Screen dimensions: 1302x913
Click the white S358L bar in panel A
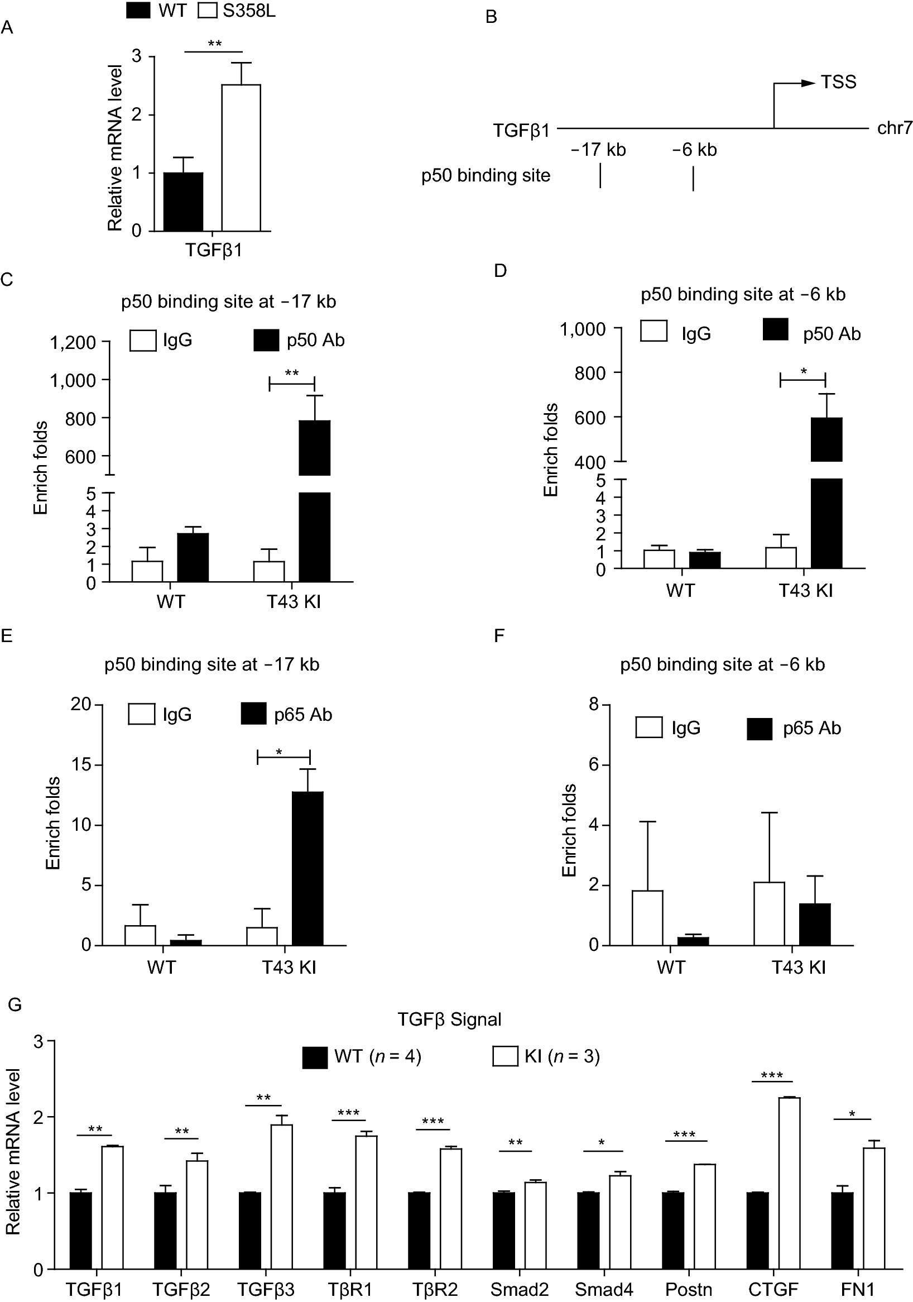tap(241, 157)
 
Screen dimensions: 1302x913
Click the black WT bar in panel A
tap(183, 202)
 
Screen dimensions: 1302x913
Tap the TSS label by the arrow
tap(838, 82)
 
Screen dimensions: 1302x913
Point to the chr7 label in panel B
tap(894, 128)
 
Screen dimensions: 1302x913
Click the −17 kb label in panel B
tap(598, 150)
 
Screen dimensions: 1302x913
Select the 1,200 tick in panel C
tap(73, 342)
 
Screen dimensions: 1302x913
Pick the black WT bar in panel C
tap(193, 557)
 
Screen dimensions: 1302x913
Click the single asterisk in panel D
tap(803, 372)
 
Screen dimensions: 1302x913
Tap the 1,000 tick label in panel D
tap(583, 329)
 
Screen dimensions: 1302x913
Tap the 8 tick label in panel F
tap(594, 704)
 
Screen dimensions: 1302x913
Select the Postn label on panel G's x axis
tap(688, 1289)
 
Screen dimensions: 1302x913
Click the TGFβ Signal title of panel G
tap(449, 1019)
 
